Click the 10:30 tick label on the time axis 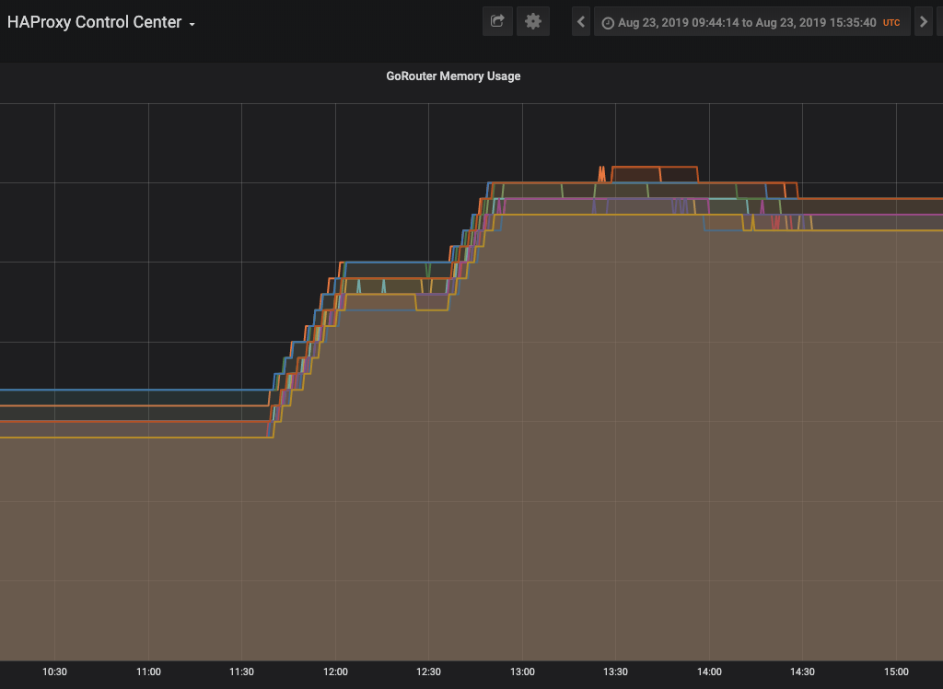click(x=54, y=671)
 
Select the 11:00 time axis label click(x=148, y=671)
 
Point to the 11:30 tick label click(x=242, y=671)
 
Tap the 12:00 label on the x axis click(x=335, y=671)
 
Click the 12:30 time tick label click(x=429, y=671)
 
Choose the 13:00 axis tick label click(x=522, y=671)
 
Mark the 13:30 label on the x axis click(x=615, y=671)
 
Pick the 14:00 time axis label click(x=709, y=671)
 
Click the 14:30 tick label click(x=802, y=671)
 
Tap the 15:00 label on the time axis click(x=896, y=671)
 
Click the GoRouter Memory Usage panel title click(x=453, y=76)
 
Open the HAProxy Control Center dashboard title click(x=95, y=22)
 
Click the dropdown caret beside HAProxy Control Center click(x=192, y=25)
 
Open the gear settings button click(x=533, y=22)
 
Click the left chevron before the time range click(x=581, y=22)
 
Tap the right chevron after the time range click(x=924, y=22)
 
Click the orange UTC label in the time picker click(x=891, y=23)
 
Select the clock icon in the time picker click(x=608, y=23)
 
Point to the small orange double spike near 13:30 click(x=601, y=174)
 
